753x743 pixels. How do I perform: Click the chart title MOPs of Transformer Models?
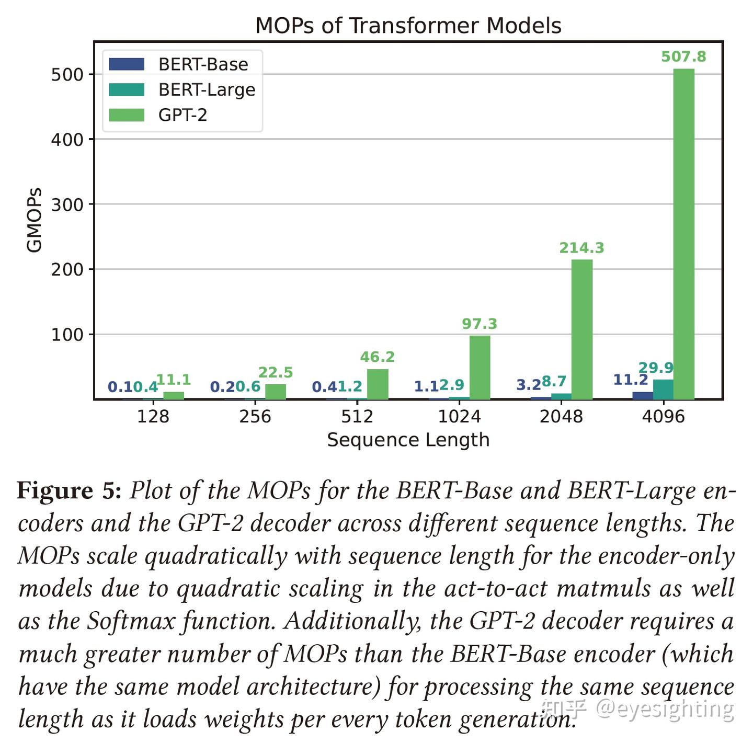408,26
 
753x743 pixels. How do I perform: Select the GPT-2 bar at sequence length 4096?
683,234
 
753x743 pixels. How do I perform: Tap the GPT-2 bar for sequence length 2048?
581,329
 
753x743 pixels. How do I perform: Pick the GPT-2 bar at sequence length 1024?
480,367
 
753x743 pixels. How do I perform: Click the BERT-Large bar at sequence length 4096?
663,390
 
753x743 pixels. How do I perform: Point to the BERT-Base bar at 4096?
643,395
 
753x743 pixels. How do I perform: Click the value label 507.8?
683,56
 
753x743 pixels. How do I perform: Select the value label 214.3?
581,248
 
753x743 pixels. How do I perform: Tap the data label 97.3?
480,324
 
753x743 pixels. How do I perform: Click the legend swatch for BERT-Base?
127,64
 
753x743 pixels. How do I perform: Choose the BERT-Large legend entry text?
207,90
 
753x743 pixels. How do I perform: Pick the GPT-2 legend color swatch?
127,115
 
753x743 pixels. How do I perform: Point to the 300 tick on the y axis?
67,204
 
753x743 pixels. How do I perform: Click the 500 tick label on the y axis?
67,75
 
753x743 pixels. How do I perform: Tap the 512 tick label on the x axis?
357,417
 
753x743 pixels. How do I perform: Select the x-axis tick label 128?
153,417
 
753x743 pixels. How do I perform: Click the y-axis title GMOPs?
34,220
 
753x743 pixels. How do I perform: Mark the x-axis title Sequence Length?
408,440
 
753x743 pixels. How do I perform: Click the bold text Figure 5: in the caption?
69,491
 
